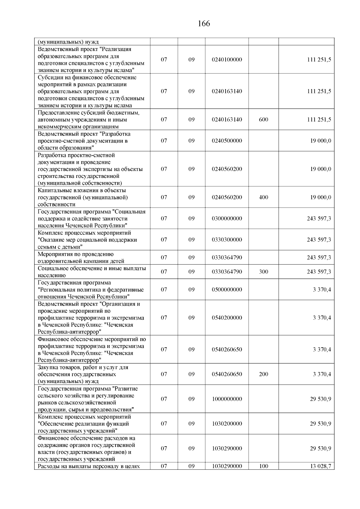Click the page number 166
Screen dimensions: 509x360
tap(204, 24)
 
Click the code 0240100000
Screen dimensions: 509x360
tap(226, 60)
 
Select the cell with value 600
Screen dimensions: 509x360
tap(263, 120)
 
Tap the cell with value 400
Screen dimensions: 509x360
tap(263, 197)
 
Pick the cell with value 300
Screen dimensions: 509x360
tap(263, 272)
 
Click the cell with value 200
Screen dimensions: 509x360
tap(263, 374)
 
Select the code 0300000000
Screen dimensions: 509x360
tap(226, 219)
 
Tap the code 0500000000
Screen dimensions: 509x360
tap(226, 290)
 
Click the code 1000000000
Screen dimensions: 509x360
tap(226, 399)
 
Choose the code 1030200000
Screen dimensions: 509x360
tap(226, 424)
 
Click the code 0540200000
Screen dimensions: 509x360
tap(226, 318)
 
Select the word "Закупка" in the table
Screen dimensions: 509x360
tap(47, 367)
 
